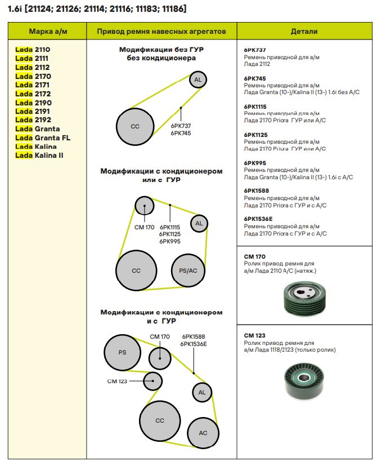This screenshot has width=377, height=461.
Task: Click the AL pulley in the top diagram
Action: pos(198,80)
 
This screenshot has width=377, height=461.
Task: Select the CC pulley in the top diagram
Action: pos(135,126)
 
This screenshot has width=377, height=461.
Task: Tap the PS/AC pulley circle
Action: pos(188,271)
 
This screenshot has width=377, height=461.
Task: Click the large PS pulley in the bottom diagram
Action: pos(122,353)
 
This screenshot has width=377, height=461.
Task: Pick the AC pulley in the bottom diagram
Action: pos(203,433)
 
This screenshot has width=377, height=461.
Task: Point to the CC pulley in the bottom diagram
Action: pos(159,421)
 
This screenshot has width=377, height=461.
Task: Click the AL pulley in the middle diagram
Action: pos(199,224)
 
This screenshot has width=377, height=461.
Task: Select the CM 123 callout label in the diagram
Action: pos(118,381)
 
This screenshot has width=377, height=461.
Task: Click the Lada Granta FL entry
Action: pos(43,138)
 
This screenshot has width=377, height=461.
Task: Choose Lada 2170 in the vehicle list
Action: pos(33,76)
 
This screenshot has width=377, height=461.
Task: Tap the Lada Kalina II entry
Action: pos(39,155)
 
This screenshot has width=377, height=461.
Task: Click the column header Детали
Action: pos(304,32)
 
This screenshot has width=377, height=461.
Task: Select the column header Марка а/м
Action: pos(48,32)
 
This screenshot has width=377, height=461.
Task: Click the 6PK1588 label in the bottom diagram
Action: pos(193,336)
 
